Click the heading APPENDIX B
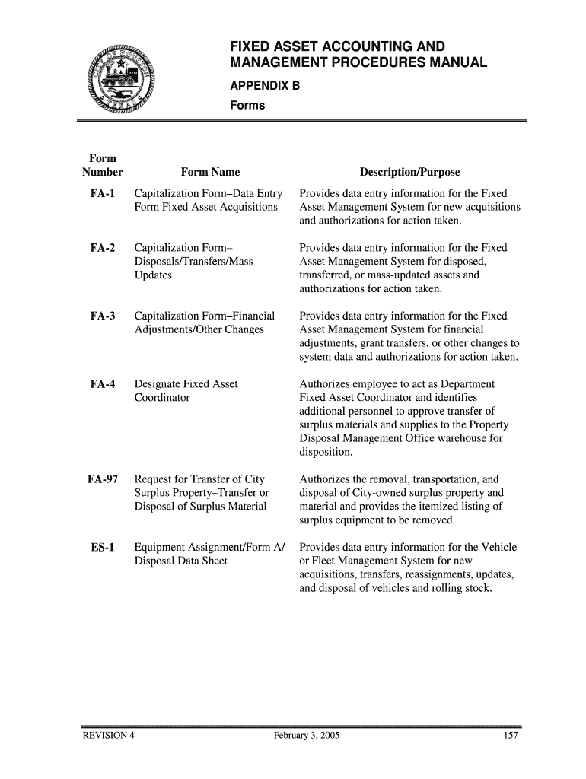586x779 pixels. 266,87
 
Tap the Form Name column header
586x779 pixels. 210,173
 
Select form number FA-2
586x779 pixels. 102,248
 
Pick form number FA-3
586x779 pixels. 102,316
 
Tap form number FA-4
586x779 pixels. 102,384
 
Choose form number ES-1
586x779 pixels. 102,548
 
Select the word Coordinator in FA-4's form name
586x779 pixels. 162,398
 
